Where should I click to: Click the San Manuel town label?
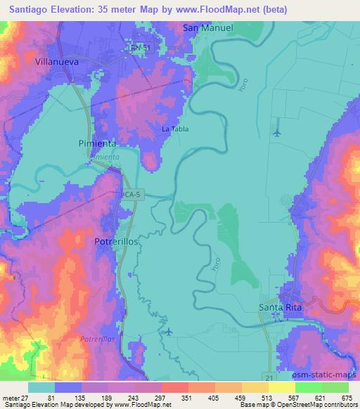point(207,28)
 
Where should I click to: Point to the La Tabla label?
point(176,129)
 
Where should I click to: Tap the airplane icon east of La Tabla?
point(276,131)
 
